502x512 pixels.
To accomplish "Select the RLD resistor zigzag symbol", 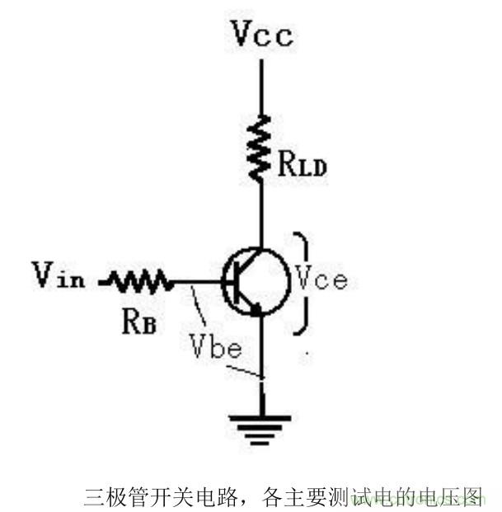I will point(262,148).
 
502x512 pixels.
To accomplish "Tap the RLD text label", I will point(302,167).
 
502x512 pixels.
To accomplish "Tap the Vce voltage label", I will point(321,279).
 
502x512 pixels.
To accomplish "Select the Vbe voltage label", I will point(215,347).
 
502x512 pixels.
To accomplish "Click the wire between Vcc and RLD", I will point(262,87).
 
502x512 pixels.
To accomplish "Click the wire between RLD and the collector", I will point(262,214).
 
